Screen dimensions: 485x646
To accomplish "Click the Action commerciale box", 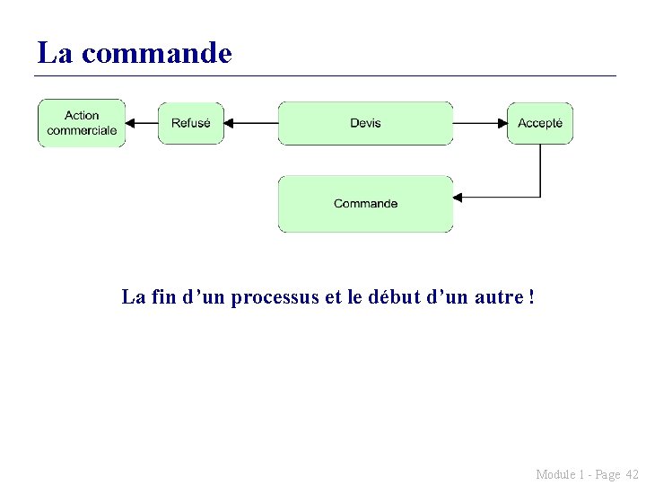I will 82,123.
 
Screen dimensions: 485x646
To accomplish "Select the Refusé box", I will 191,123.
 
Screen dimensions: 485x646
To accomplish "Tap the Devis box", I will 365,123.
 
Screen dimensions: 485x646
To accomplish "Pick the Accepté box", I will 540,123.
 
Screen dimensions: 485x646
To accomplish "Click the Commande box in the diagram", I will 365,204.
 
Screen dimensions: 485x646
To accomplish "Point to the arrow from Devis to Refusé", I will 250,123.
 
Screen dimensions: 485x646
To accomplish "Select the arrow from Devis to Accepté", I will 480,123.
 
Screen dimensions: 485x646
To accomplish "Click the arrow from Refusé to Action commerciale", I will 142,123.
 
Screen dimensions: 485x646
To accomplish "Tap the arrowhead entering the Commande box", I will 458,197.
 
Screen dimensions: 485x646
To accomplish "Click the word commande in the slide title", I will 156,53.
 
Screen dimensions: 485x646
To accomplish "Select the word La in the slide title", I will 55,53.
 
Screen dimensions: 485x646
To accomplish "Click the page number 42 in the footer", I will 631,474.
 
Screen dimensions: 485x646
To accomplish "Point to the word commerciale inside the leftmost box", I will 82,130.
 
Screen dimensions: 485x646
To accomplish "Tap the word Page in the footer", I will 607,474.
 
